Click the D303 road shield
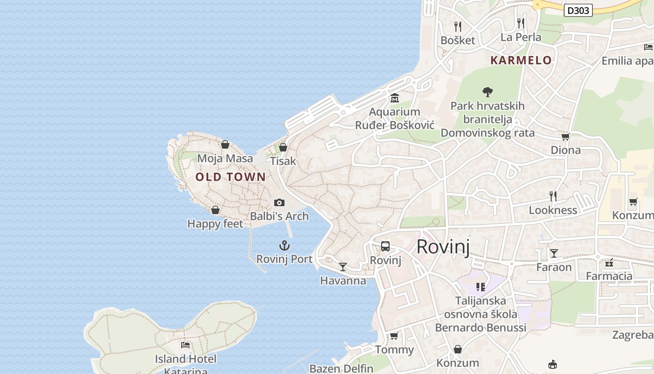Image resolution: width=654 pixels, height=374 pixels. click(578, 10)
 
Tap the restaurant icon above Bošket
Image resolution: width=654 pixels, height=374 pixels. click(458, 26)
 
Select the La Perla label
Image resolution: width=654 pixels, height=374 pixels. click(521, 37)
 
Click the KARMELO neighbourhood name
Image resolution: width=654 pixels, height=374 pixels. click(521, 60)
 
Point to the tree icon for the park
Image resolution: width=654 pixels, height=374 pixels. click(488, 92)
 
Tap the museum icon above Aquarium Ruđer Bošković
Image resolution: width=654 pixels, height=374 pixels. click(395, 98)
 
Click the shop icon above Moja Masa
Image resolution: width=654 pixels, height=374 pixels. click(225, 144)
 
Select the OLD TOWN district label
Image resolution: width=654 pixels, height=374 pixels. click(231, 177)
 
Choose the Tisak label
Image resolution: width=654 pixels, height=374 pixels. click(283, 161)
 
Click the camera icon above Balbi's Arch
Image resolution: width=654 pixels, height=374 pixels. click(279, 202)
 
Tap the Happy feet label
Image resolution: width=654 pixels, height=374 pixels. click(215, 224)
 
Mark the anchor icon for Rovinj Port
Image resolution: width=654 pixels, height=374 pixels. click(284, 245)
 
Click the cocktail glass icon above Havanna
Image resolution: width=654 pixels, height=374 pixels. click(343, 266)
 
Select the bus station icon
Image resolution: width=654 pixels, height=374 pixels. click(385, 246)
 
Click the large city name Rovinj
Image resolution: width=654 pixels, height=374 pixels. click(443, 246)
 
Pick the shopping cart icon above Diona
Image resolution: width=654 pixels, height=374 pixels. click(565, 137)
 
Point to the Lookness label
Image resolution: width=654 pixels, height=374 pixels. click(553, 210)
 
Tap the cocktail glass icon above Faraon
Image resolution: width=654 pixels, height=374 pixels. click(554, 253)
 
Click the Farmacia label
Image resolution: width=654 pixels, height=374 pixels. click(609, 276)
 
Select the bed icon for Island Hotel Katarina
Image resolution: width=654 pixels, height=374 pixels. click(185, 345)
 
